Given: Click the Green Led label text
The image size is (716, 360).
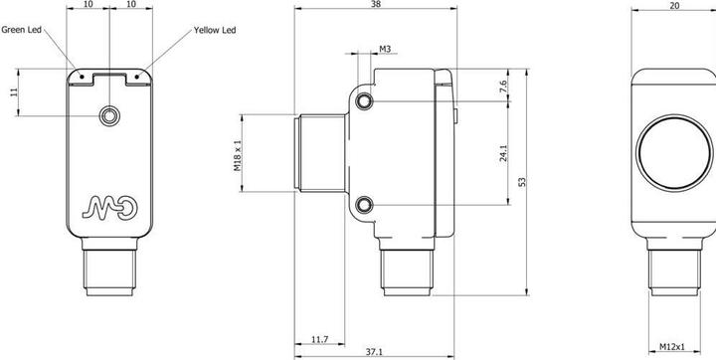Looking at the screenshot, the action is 22,30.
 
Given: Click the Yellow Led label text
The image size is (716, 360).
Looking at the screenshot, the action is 215,30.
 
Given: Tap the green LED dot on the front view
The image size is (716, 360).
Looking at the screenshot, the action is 83,77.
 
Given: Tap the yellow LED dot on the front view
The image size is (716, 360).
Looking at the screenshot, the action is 136,77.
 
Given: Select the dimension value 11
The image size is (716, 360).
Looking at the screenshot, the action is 14,91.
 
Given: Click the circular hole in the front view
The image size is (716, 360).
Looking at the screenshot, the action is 109,115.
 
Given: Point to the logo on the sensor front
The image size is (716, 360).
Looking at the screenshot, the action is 110,207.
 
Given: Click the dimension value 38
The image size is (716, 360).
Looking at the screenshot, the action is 376,4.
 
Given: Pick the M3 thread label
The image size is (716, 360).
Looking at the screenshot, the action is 385,49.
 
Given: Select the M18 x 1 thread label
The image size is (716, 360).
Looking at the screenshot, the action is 238,155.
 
